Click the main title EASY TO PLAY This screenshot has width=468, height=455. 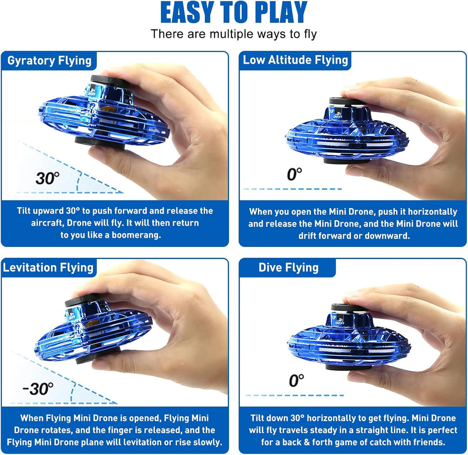tap(234, 14)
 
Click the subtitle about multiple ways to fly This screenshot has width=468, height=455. tap(234, 34)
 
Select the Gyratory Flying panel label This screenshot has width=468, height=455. tap(49, 61)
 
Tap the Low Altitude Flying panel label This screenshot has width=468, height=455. tap(295, 60)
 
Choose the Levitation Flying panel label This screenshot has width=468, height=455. tap(48, 268)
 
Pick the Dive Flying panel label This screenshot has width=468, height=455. tap(288, 268)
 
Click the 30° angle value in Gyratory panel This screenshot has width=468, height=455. tap(48, 178)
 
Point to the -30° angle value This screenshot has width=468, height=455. tap(38, 389)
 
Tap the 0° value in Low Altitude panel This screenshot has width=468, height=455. tap(295, 174)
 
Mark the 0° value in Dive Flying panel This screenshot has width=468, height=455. tap(296, 380)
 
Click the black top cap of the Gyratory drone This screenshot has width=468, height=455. tap(110, 81)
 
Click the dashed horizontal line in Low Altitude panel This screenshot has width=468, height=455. tap(292, 189)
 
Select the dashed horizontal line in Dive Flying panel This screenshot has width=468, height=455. tap(294, 395)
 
